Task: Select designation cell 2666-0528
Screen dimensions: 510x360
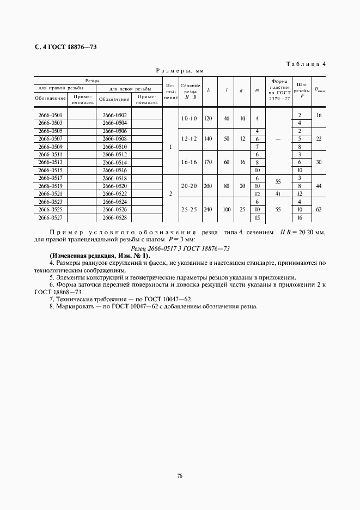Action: (114, 217)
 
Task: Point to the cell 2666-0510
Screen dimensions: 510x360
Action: (114, 147)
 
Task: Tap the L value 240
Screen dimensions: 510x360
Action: (208, 209)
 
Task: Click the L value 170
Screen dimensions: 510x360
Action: (208, 162)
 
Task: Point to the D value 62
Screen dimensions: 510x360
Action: (319, 209)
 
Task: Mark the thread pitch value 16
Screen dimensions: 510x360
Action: (300, 217)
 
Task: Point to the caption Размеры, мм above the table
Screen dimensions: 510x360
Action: (180, 71)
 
